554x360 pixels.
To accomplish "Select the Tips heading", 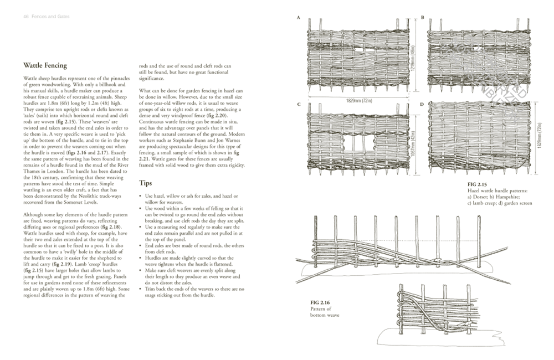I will (x=146, y=182).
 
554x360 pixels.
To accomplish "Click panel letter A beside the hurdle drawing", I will (x=299, y=18).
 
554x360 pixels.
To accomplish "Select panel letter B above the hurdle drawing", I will (x=423, y=18).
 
